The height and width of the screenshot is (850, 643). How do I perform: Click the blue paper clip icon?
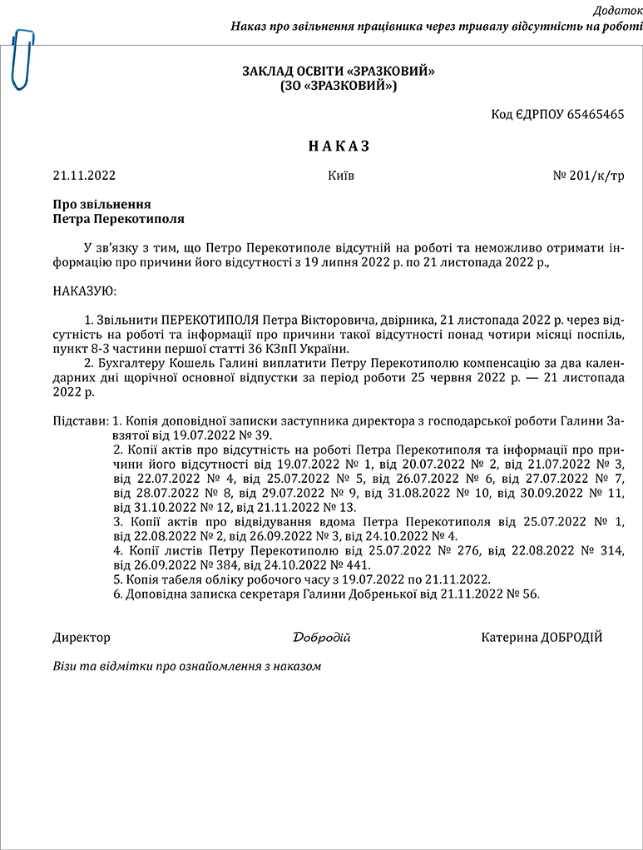click(x=22, y=58)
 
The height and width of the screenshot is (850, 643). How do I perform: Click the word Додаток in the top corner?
click(x=616, y=10)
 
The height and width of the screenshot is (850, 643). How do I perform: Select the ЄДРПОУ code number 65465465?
click(x=596, y=114)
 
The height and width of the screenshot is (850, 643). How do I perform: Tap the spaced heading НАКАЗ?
click(x=339, y=147)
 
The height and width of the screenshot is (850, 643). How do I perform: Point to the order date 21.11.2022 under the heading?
click(x=84, y=176)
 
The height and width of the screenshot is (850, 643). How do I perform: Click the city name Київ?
click(x=341, y=176)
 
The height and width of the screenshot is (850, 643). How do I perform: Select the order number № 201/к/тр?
click(x=588, y=176)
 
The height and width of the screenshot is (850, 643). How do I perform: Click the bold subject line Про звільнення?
click(x=101, y=204)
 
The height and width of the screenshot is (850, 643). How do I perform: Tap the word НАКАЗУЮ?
click(x=85, y=291)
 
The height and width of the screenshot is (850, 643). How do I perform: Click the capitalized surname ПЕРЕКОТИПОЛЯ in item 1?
click(x=210, y=321)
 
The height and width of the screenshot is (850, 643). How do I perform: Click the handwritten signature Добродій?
click(x=321, y=638)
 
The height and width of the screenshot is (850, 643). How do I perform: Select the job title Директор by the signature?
click(x=81, y=638)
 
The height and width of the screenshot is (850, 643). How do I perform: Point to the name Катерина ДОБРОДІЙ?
click(x=542, y=638)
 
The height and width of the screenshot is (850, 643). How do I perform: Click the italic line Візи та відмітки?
click(x=185, y=666)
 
